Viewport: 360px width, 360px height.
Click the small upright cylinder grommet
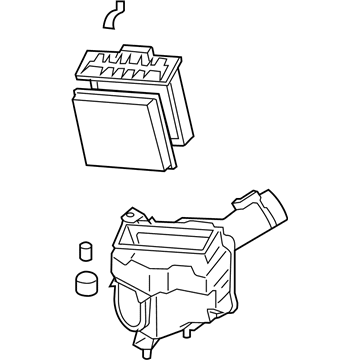[84, 251]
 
